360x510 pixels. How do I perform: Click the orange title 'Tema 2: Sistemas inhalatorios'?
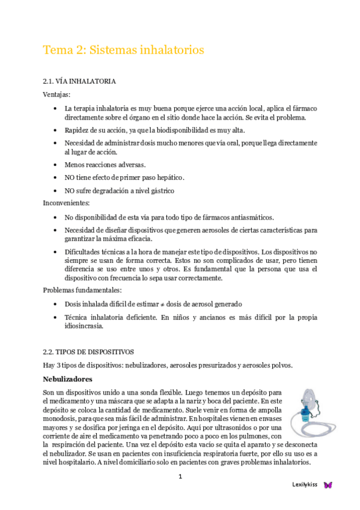tap(123, 50)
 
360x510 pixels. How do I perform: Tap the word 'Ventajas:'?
tap(56, 95)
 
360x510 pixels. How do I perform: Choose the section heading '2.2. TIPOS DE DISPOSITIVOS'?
tap(88, 351)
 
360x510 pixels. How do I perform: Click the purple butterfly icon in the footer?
tap(328, 485)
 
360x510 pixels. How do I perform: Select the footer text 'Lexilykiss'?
tap(304, 485)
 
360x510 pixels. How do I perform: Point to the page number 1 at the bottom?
tap(180, 477)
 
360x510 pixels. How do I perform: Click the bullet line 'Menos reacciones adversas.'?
tap(105, 164)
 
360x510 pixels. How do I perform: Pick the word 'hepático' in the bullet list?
tap(169, 177)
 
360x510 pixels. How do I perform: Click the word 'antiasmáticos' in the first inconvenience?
tap(252, 217)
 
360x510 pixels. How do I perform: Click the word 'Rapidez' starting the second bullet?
tap(76, 130)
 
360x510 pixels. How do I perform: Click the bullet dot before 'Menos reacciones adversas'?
tap(55, 164)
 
